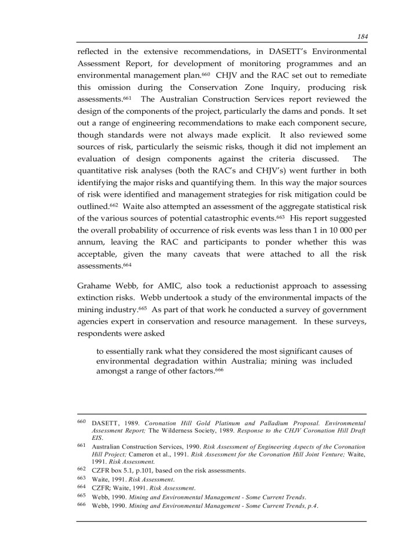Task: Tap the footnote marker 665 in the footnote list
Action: tap(81, 496)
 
